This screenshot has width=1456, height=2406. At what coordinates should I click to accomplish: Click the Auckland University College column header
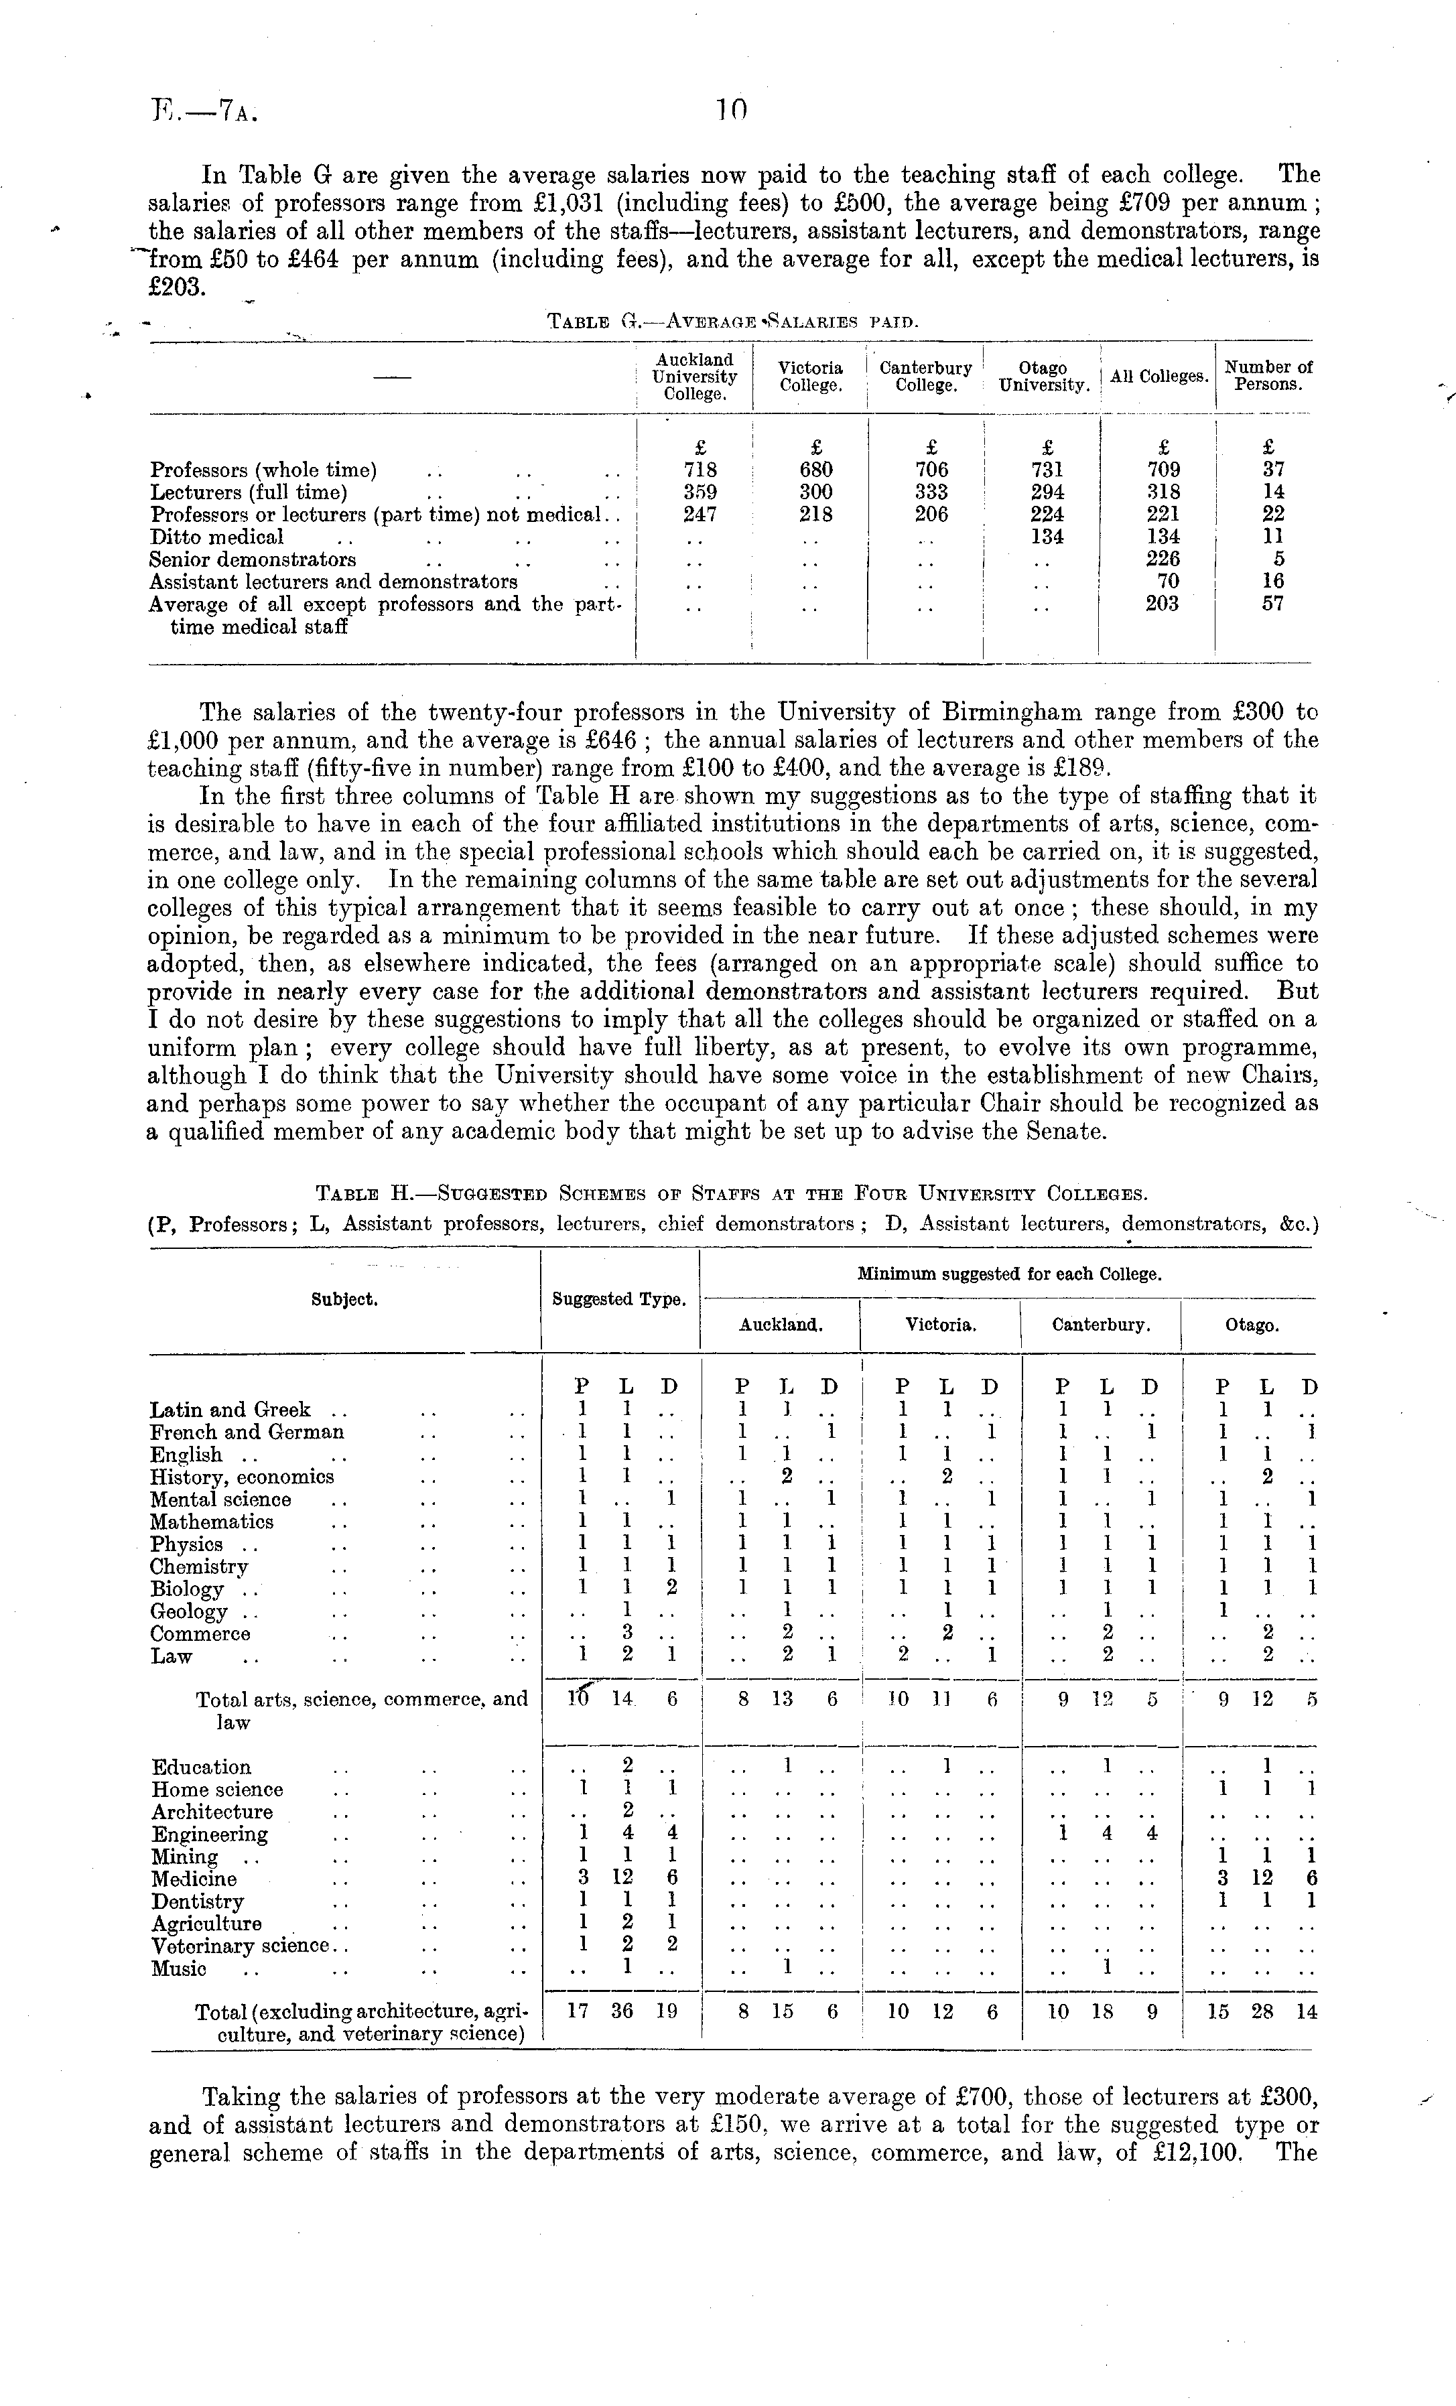694,377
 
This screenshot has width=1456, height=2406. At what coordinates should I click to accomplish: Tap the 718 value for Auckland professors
701,470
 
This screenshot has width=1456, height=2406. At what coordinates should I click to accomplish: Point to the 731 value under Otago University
1047,470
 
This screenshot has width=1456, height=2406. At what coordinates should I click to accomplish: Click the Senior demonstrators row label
253,559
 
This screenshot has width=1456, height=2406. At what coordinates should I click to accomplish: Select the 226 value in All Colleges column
1162,559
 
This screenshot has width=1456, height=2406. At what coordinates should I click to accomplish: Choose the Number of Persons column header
1268,376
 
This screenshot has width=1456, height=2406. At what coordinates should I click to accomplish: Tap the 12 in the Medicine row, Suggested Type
625,1879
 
